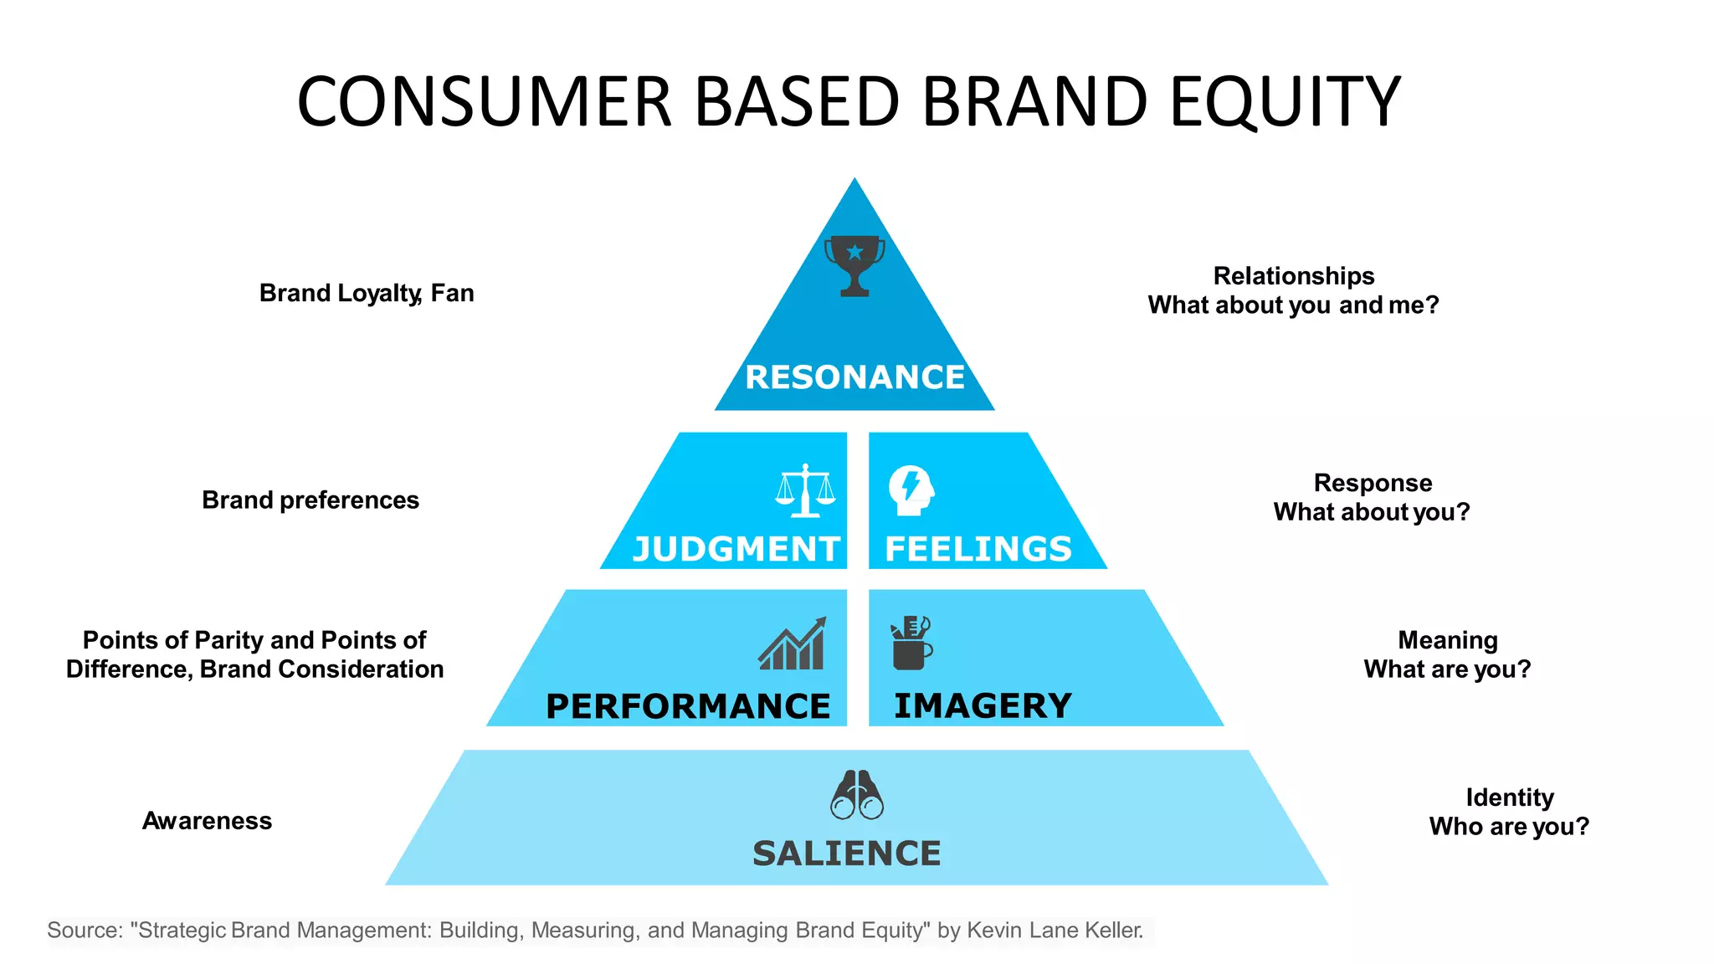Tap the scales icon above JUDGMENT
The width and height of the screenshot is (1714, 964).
click(805, 491)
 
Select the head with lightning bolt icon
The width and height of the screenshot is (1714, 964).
click(911, 490)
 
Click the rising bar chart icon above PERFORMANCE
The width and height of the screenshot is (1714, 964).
click(793, 644)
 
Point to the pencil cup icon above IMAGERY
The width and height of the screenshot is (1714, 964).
click(911, 644)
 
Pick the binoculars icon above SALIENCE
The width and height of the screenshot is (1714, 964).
click(856, 795)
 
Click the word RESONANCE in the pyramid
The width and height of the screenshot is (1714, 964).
click(854, 377)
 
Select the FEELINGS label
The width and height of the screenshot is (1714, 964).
click(978, 549)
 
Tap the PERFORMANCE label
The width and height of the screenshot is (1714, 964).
click(688, 706)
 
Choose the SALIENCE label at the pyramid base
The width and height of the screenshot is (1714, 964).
click(846, 854)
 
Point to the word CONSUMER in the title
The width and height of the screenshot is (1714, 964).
click(485, 102)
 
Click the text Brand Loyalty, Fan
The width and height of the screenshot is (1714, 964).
click(367, 293)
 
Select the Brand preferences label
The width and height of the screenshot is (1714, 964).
click(310, 500)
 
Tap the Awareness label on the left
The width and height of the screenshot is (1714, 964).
click(207, 820)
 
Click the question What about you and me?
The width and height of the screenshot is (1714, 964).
click(1293, 305)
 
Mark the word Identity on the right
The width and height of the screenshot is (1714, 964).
click(1509, 797)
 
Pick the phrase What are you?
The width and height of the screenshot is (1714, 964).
click(1447, 669)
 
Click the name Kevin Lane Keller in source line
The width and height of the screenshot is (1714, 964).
click(1054, 930)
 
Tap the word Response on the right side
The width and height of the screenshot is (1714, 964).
click(1373, 483)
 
